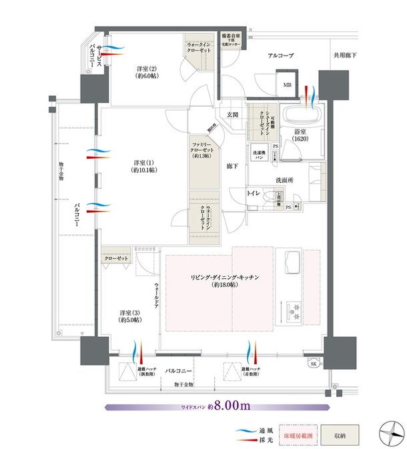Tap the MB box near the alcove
pyautogui.click(x=288, y=85)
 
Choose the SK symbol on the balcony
pyautogui.click(x=314, y=364)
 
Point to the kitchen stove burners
pyautogui.click(x=294, y=309)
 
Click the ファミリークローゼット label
pyautogui.click(x=202, y=150)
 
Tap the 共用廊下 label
pyautogui.click(x=345, y=56)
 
